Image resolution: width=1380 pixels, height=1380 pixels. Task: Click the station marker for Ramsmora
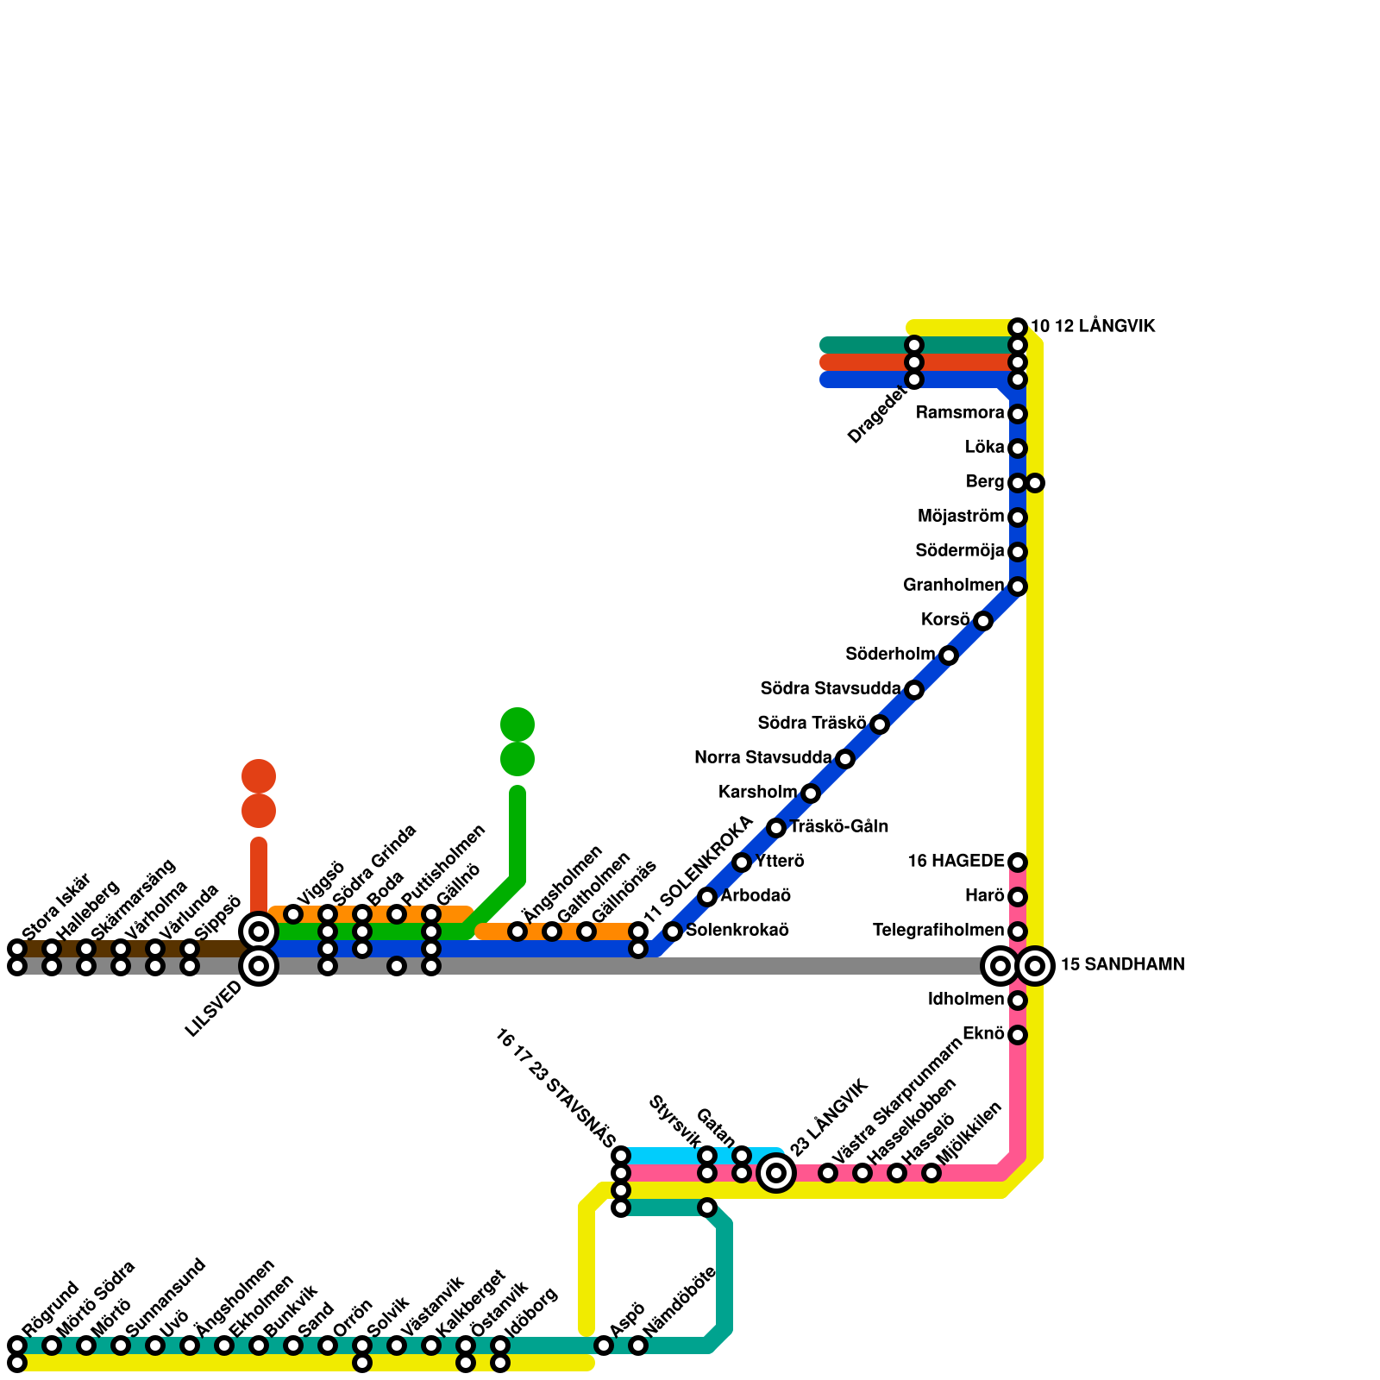[x=1018, y=414]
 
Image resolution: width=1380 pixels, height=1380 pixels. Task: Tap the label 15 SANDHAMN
[x=1122, y=965]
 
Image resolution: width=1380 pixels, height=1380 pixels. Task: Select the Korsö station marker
[x=983, y=621]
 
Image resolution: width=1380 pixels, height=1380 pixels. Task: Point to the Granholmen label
[x=953, y=586]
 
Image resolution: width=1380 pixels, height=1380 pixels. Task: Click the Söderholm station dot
[x=949, y=655]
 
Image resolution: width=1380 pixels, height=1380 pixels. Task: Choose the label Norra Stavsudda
[x=762, y=758]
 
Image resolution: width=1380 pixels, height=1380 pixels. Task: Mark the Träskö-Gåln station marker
[x=776, y=828]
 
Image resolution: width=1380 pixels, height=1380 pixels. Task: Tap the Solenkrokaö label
[x=737, y=931]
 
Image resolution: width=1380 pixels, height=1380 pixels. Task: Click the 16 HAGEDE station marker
[x=1018, y=862]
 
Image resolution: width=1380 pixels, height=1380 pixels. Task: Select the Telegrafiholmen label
[x=938, y=931]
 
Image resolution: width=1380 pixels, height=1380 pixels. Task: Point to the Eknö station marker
[x=1018, y=1035]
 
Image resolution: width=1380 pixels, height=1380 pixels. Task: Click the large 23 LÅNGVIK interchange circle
[x=776, y=1173]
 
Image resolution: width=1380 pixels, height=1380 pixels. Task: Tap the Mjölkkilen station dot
[x=931, y=1173]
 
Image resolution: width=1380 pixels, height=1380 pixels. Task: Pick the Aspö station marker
[x=604, y=1345]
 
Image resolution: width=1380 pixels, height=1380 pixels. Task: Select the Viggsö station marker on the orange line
[x=293, y=914]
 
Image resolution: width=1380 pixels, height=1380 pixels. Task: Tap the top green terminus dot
[x=517, y=724]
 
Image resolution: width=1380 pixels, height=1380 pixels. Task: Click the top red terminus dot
[x=259, y=776]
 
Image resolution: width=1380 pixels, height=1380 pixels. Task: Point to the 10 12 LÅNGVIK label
[x=1093, y=327]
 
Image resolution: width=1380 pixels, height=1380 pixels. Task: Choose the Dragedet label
[x=877, y=416]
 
